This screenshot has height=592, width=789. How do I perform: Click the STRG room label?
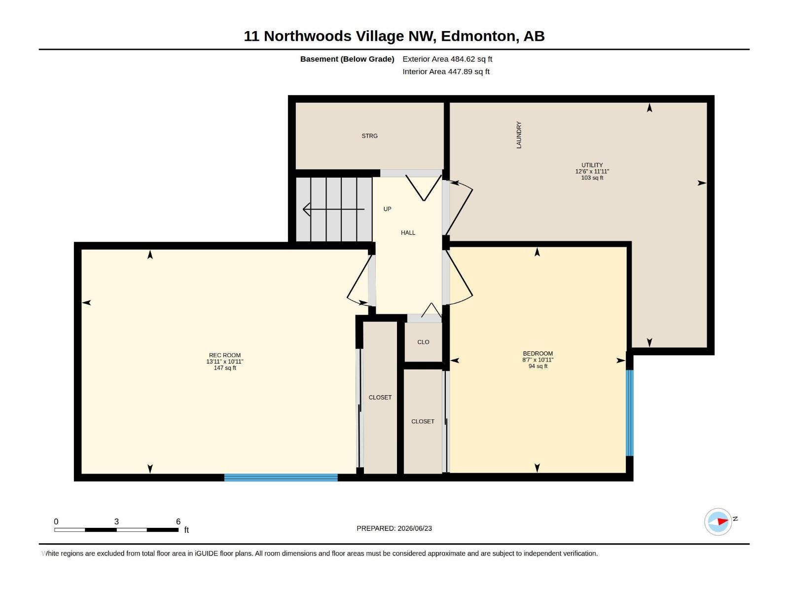(x=369, y=136)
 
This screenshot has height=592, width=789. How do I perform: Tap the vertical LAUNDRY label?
(x=519, y=135)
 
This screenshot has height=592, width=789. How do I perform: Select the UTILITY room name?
(x=592, y=165)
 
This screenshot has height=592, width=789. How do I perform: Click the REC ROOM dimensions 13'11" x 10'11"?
(x=225, y=362)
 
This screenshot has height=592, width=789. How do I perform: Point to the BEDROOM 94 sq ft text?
(x=538, y=366)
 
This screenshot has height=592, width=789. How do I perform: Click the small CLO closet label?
(x=423, y=342)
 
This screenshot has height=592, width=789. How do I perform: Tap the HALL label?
(x=408, y=233)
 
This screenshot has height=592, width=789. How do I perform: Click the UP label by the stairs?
(x=387, y=209)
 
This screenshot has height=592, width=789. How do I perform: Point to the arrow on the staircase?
(x=333, y=209)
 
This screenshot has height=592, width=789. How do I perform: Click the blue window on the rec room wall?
(x=281, y=478)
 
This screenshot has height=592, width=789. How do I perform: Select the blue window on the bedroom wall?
(x=629, y=413)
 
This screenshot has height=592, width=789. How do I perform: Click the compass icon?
(x=718, y=521)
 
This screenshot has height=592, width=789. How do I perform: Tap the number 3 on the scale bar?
(x=116, y=521)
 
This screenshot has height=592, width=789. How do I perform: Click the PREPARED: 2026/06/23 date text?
(x=394, y=528)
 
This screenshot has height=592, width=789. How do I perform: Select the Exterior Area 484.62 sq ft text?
(x=447, y=59)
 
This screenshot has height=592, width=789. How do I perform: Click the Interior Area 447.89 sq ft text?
(x=446, y=72)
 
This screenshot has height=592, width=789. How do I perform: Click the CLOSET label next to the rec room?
(x=380, y=398)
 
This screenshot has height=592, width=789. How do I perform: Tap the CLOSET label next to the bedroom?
(x=423, y=422)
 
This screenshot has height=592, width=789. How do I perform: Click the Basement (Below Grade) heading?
(x=347, y=59)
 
